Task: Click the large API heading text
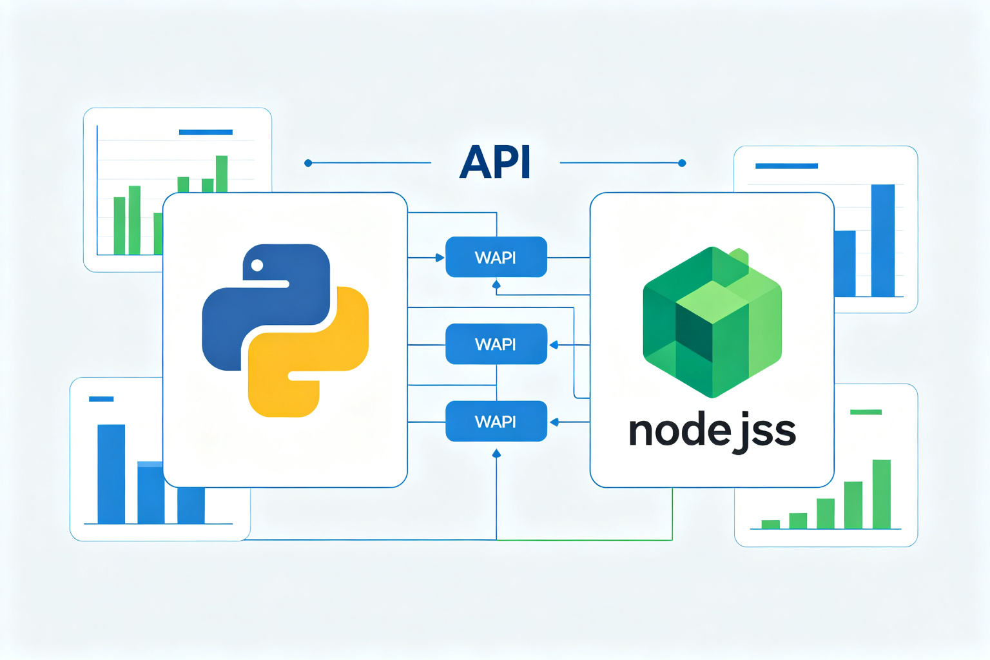click(x=495, y=162)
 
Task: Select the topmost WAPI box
click(x=496, y=257)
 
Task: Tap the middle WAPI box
click(x=496, y=344)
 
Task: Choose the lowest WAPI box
click(x=496, y=422)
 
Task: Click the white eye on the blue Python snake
click(x=257, y=266)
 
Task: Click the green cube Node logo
click(x=712, y=322)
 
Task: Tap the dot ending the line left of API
click(x=308, y=163)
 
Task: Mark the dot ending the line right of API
click(x=682, y=163)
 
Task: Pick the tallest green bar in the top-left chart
click(x=222, y=174)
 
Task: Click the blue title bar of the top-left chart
click(x=206, y=132)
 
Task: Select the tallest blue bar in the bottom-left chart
click(x=111, y=474)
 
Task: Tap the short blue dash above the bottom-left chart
click(x=101, y=399)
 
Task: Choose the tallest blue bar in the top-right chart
click(x=882, y=240)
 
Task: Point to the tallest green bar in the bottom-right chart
click(x=881, y=494)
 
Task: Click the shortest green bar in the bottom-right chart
click(x=770, y=524)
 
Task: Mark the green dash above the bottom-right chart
click(x=866, y=412)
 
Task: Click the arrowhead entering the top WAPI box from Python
click(x=440, y=258)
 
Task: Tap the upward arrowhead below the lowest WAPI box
click(x=496, y=454)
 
